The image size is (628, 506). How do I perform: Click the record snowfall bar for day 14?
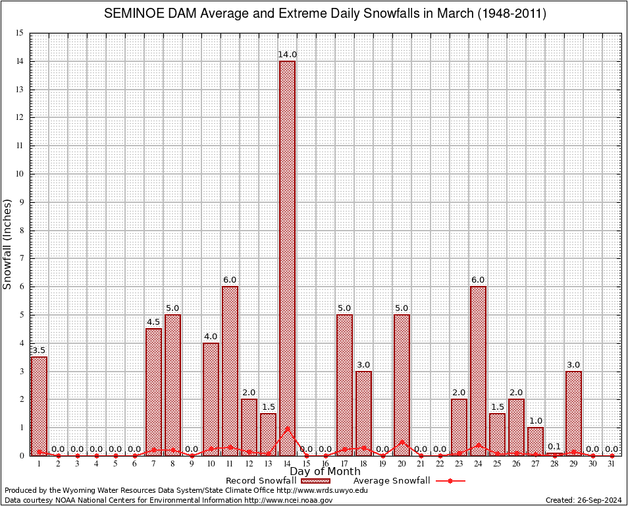tap(287, 257)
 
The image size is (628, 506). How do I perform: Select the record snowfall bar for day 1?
tap(39, 405)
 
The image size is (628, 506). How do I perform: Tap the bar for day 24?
tap(478, 369)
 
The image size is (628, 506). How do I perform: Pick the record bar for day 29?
tap(573, 412)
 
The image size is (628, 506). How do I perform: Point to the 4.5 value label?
tap(153, 322)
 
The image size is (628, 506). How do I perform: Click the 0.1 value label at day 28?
tap(554, 447)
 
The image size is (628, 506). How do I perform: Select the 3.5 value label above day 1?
tap(39, 351)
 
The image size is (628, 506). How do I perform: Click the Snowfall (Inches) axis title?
tap(8, 244)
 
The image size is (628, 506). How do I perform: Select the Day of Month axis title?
tap(325, 472)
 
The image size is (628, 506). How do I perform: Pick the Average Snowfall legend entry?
tap(392, 481)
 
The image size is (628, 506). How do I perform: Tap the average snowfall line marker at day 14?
tap(287, 428)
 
